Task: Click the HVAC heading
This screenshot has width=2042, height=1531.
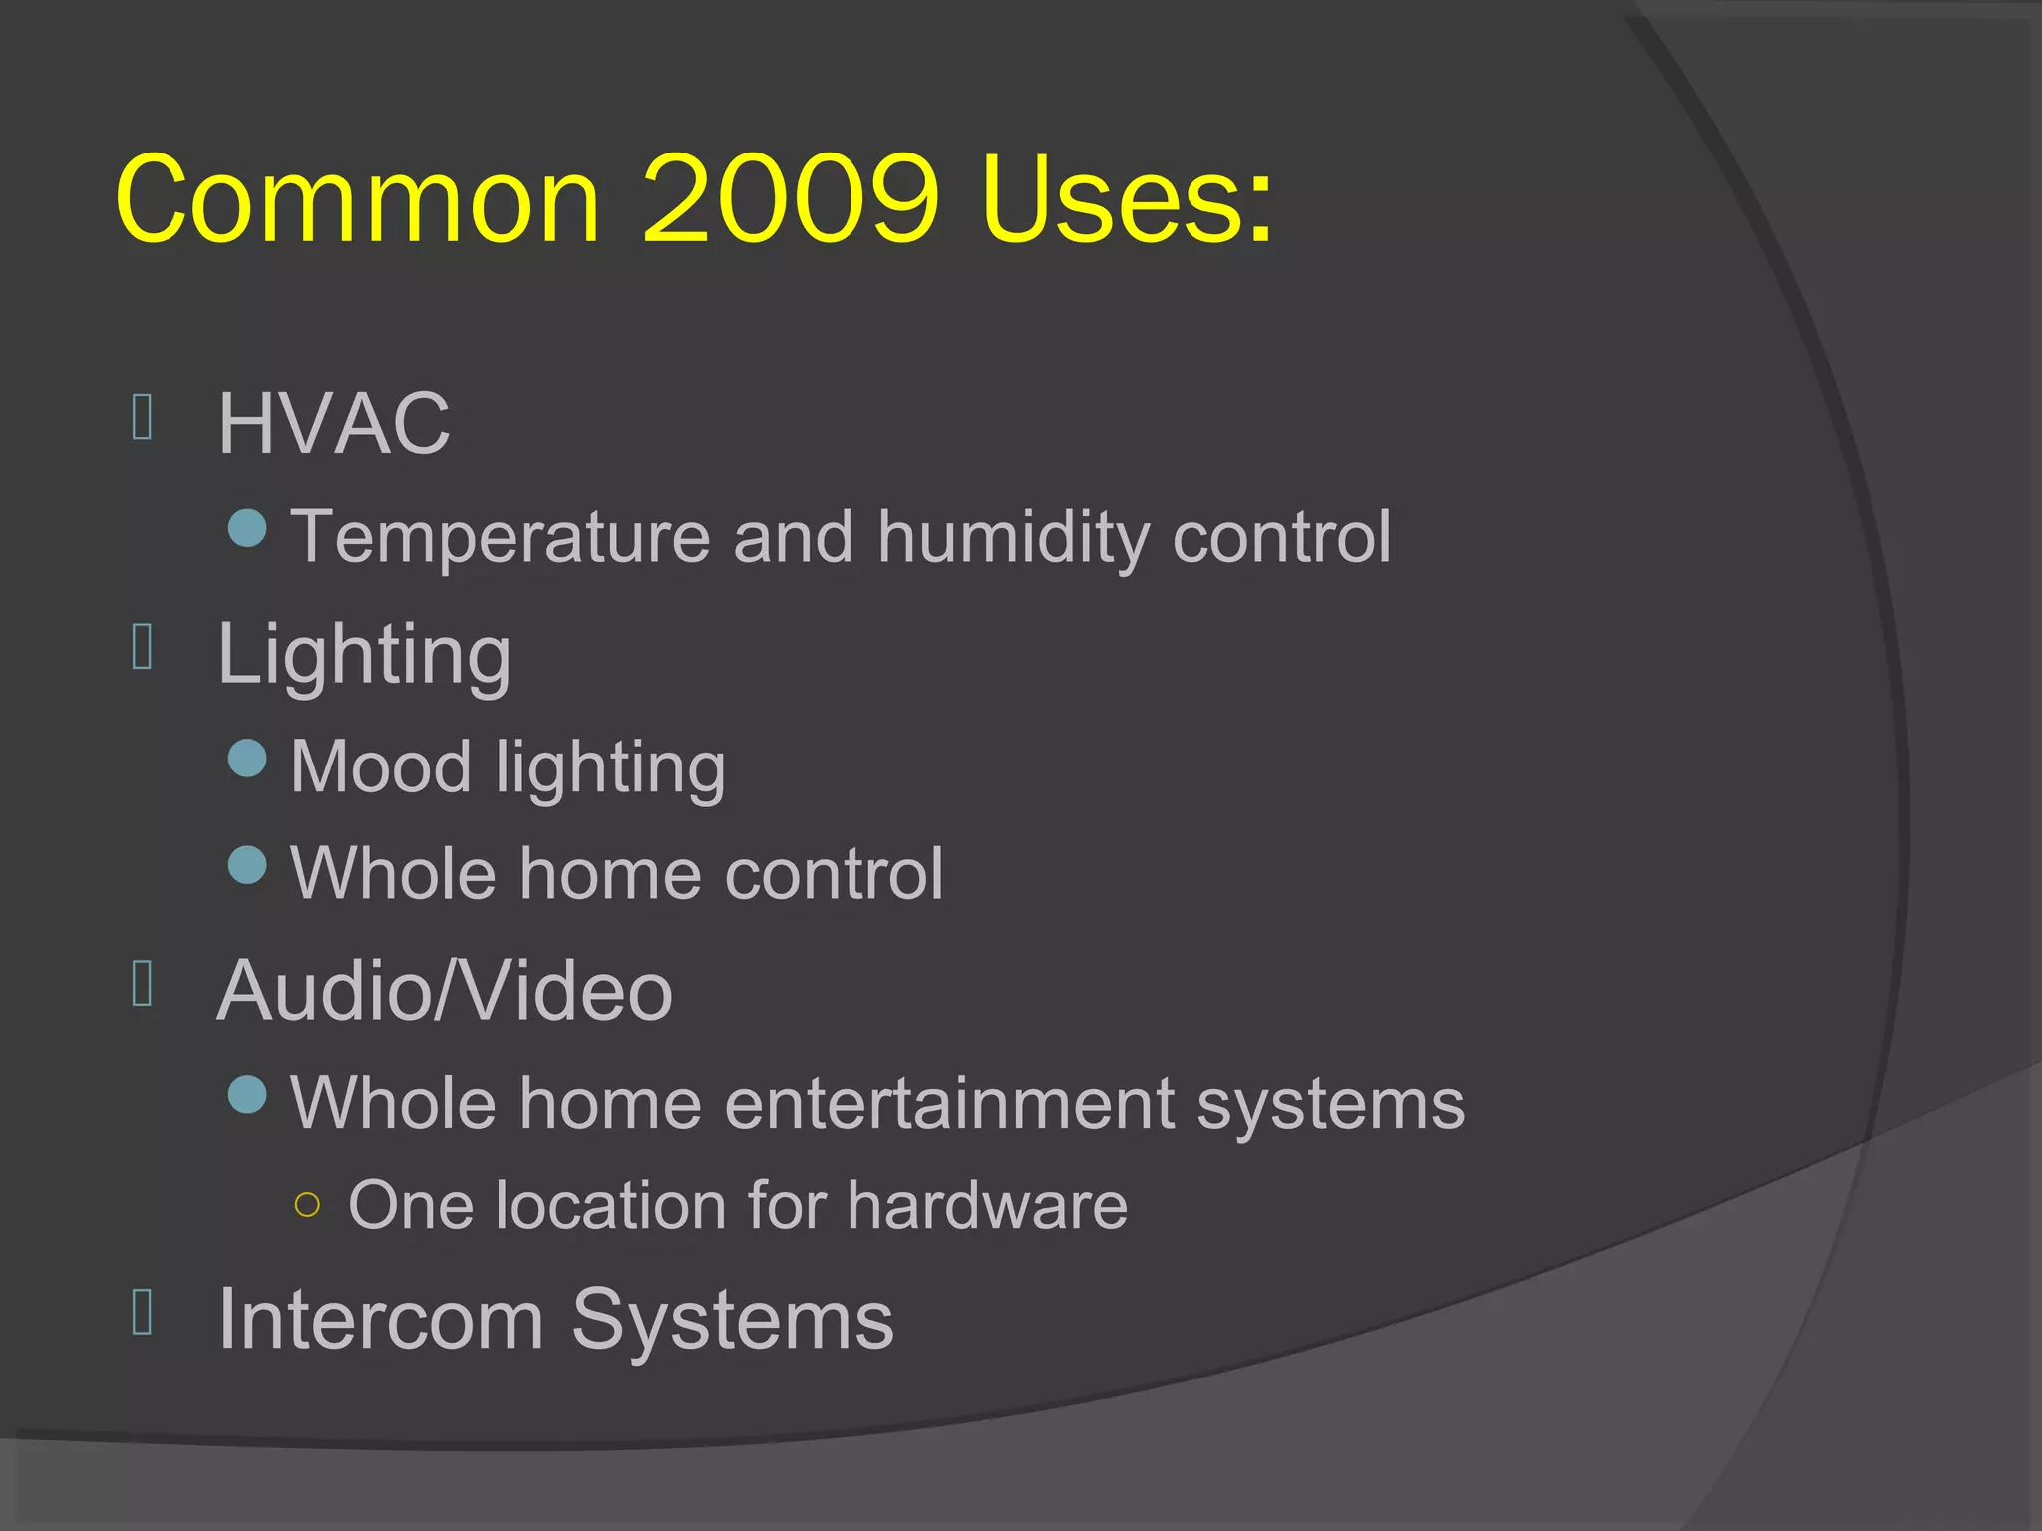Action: [334, 423]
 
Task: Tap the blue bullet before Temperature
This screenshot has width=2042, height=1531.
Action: [247, 528]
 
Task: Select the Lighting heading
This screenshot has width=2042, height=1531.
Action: [364, 656]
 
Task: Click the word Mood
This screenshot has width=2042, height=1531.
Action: [381, 767]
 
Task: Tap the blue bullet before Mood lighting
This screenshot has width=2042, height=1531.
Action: [247, 759]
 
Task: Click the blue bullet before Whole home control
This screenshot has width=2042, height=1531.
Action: [247, 865]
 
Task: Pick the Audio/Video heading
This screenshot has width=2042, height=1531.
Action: [445, 991]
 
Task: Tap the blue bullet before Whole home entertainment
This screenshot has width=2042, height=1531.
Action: [247, 1095]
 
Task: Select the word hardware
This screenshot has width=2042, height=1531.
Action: [987, 1206]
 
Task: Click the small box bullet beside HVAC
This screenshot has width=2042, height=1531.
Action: [142, 417]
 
